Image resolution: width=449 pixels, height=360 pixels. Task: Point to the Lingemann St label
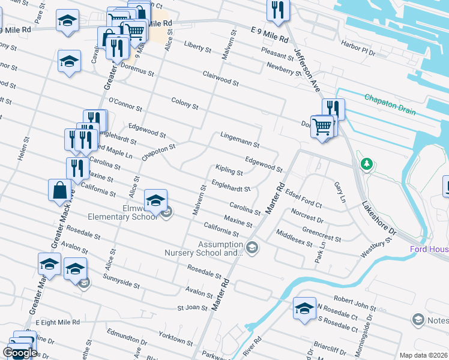click(x=240, y=140)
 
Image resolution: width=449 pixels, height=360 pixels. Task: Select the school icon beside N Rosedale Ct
click(x=304, y=308)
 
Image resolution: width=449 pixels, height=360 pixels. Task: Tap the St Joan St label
click(x=192, y=308)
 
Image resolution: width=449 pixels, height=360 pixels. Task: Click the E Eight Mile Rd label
click(x=57, y=322)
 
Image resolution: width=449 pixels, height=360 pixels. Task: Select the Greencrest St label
click(x=322, y=234)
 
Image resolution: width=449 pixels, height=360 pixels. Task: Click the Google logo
click(x=20, y=353)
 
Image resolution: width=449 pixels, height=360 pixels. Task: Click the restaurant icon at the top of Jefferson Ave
click(x=278, y=8)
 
